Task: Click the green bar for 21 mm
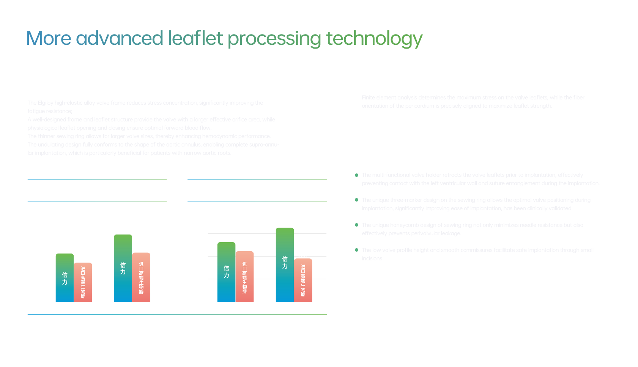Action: coord(65,277)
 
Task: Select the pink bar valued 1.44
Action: coord(83,282)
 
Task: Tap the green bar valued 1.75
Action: coord(123,268)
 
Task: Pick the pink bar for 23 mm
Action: coord(141,277)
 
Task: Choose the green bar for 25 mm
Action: coord(226,272)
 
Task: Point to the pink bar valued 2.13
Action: coord(244,276)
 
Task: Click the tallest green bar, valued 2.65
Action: coord(285,265)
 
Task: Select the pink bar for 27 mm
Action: coord(303,280)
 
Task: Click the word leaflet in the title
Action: coord(195,39)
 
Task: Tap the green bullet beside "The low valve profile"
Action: coord(357,250)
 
